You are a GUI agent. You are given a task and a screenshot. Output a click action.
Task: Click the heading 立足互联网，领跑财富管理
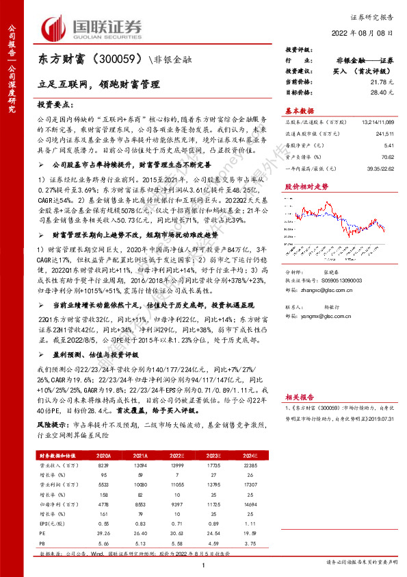(99, 85)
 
